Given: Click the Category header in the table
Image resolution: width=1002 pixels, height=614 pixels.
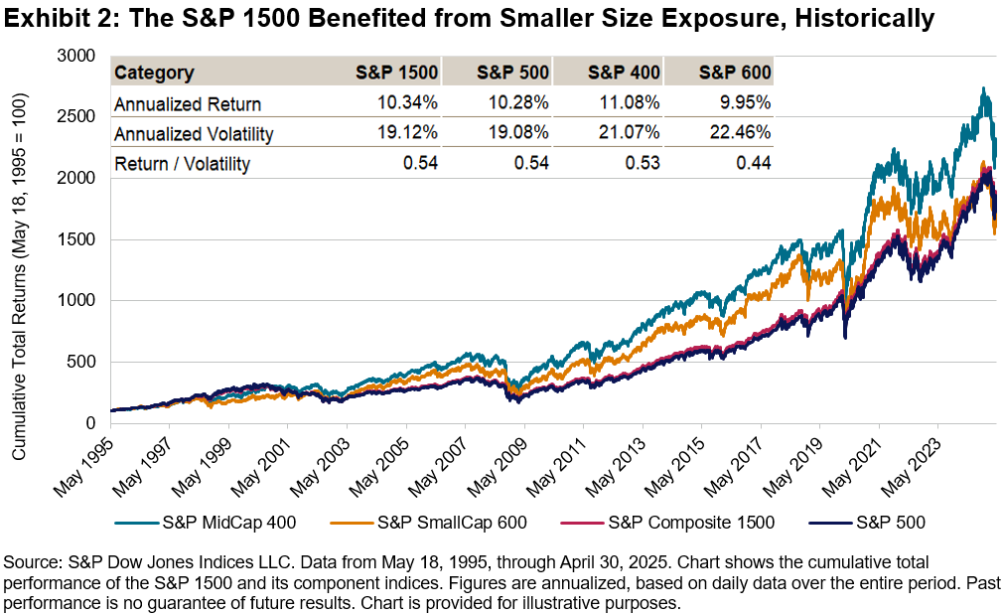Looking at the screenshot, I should point(154,73).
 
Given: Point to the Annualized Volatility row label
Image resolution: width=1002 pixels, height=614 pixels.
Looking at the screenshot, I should point(193,134).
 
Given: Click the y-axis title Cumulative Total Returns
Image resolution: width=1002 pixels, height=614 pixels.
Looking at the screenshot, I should point(20,276).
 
